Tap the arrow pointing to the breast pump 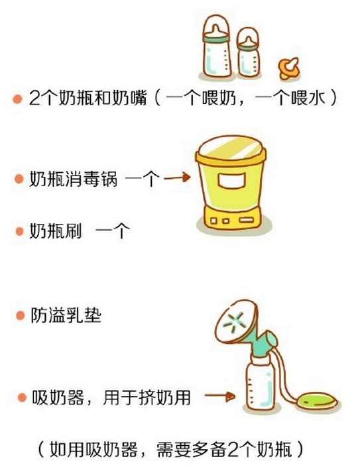(219, 397)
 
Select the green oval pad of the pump (316, 399)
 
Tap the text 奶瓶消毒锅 (74, 180)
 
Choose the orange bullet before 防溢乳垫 (19, 316)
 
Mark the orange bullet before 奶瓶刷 (19, 232)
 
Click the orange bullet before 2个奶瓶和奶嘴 (17, 99)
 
